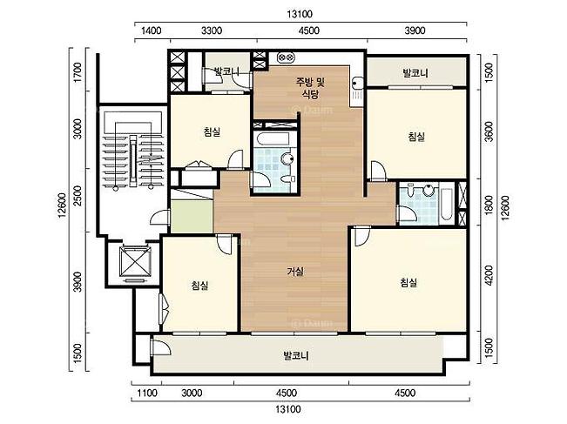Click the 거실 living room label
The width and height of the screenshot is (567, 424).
[x=295, y=271]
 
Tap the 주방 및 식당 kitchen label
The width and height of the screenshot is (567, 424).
[x=311, y=88]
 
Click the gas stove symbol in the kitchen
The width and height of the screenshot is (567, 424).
[x=287, y=57]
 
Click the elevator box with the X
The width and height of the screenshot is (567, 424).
[x=135, y=262]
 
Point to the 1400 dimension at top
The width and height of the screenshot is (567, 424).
[x=152, y=30]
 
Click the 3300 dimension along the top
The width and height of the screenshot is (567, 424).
[x=212, y=30]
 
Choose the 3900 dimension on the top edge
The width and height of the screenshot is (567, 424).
[x=415, y=30]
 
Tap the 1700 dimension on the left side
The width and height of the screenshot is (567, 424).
[x=78, y=72]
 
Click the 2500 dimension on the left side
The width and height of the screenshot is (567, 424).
[x=78, y=196]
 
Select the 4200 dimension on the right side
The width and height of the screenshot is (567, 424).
[x=489, y=275]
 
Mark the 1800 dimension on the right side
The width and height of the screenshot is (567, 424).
[x=489, y=205]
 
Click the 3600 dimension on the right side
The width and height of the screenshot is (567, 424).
[x=489, y=131]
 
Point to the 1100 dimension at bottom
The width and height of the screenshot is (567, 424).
[x=147, y=393]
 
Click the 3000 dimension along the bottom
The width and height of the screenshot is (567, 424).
[x=192, y=393]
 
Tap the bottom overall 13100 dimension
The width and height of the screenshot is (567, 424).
[x=288, y=409]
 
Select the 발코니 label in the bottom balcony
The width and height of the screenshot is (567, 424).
[x=296, y=356]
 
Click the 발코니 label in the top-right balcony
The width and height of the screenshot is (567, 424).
[x=415, y=73]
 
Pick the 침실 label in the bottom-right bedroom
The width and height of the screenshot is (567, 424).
[x=409, y=282]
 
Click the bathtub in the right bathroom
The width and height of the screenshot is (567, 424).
[x=446, y=204]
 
